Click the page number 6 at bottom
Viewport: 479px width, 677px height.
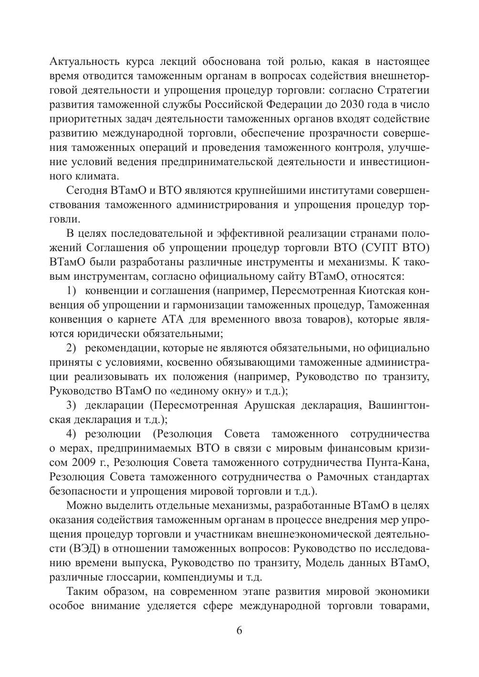239,630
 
